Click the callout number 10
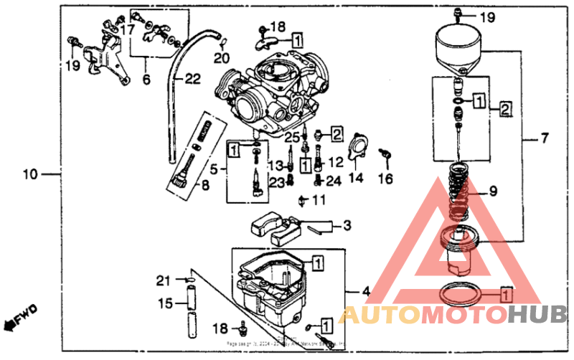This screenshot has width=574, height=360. click(29, 174)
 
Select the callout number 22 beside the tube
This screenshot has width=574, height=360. click(192, 80)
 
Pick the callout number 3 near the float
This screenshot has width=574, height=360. click(347, 226)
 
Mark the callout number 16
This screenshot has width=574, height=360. click(385, 179)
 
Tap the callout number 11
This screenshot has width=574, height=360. click(319, 199)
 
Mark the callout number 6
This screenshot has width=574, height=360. click(146, 80)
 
